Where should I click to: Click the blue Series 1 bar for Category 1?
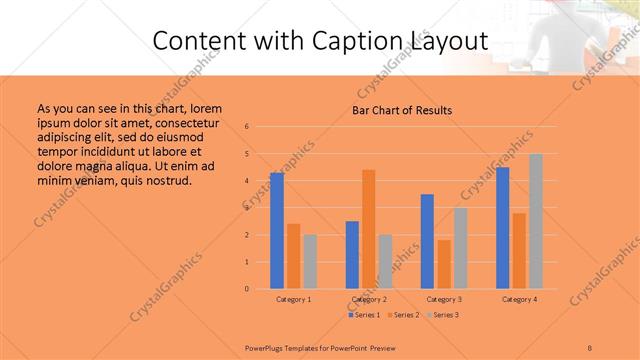[277, 231]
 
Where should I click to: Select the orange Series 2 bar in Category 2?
[369, 229]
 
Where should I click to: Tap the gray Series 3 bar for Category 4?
[536, 221]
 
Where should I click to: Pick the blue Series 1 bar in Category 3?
[428, 241]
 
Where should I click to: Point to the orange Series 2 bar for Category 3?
[444, 264]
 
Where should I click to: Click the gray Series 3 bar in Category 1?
[310, 262]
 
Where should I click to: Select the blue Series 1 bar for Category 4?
[503, 228]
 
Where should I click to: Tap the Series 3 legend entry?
[443, 315]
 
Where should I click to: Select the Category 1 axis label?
[294, 299]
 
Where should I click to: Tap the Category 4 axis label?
[519, 299]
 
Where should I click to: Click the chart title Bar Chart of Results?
[402, 110]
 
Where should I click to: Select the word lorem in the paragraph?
[205, 108]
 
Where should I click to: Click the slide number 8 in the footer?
[590, 348]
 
